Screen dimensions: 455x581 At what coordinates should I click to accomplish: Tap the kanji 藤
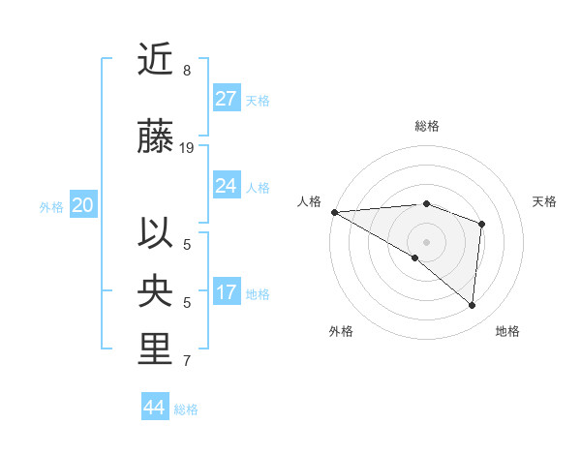[155, 137]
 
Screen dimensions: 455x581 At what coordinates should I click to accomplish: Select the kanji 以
[155, 233]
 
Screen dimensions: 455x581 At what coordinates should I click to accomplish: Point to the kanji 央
[155, 291]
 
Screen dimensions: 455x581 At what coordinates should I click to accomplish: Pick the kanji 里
[155, 349]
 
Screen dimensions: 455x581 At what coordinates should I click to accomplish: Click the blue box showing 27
[227, 99]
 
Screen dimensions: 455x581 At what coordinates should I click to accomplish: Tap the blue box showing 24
[227, 186]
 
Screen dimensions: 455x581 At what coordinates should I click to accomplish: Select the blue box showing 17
[227, 292]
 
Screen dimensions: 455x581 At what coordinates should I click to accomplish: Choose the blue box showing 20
[83, 205]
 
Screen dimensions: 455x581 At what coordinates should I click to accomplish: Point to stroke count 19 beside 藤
[188, 148]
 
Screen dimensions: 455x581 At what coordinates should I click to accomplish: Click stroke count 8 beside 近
[187, 71]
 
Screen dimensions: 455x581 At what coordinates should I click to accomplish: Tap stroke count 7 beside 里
[187, 361]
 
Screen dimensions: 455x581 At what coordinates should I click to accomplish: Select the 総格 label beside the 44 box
[186, 409]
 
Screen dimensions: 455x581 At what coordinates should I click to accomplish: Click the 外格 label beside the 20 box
[51, 206]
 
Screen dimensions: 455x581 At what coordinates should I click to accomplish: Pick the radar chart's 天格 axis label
[545, 201]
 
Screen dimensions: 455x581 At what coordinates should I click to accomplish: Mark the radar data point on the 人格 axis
[334, 211]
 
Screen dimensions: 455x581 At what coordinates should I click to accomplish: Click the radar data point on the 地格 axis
[472, 305]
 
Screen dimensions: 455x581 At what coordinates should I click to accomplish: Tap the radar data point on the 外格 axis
[415, 258]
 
